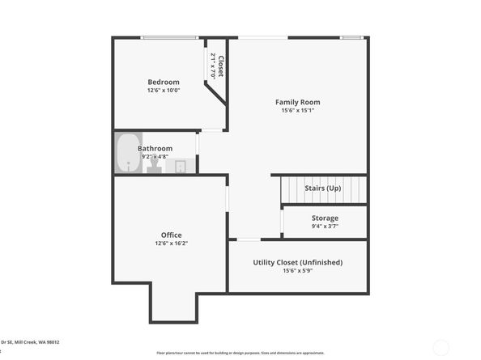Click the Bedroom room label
click(x=163, y=82)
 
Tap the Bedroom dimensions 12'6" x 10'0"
click(x=163, y=91)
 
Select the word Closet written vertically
click(x=220, y=66)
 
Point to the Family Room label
click(x=297, y=102)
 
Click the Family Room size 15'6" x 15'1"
click(x=297, y=111)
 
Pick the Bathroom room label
click(x=155, y=149)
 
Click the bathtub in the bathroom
click(x=128, y=153)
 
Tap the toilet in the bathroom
click(x=153, y=165)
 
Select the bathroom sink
click(x=180, y=167)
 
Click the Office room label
click(x=170, y=235)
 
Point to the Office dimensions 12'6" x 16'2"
click(x=170, y=244)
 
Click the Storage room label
click(x=325, y=218)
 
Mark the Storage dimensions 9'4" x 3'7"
click(x=325, y=227)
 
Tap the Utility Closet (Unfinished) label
click(x=297, y=262)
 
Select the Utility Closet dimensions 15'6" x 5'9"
click(x=297, y=271)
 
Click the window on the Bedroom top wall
click(x=169, y=37)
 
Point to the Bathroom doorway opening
click(x=198, y=151)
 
